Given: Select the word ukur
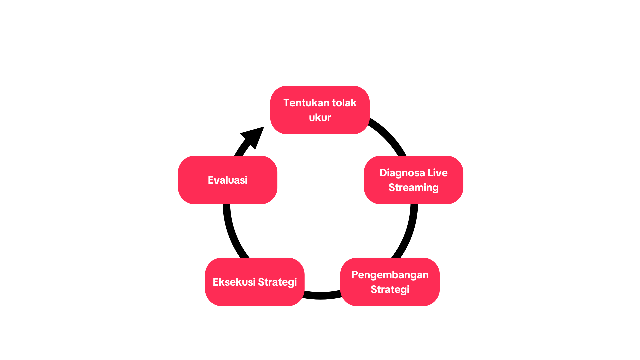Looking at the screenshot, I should [320, 117].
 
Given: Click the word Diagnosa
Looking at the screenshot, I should [402, 173].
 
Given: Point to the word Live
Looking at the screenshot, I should [437, 173].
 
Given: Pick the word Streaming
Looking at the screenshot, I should [413, 187].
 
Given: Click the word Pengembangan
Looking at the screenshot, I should [390, 275].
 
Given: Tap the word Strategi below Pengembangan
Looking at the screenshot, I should [390, 289].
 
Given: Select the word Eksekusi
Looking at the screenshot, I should [234, 282].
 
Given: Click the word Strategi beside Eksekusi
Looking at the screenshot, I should [277, 282].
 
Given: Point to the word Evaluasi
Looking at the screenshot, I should [228, 180].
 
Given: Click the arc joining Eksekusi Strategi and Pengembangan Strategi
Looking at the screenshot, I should [322, 296].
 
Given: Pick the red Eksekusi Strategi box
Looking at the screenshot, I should [255, 297].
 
